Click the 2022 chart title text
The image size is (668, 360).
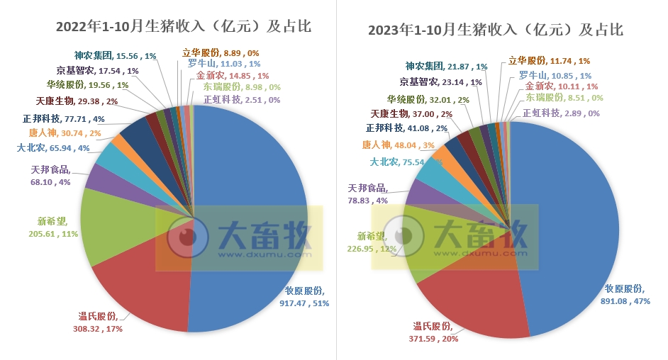184,26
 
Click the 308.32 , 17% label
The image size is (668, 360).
100,323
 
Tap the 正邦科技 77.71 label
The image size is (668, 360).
63,119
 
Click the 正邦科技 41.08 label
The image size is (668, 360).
406,128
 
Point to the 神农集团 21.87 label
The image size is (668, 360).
446,66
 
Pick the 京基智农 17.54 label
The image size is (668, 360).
97,71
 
